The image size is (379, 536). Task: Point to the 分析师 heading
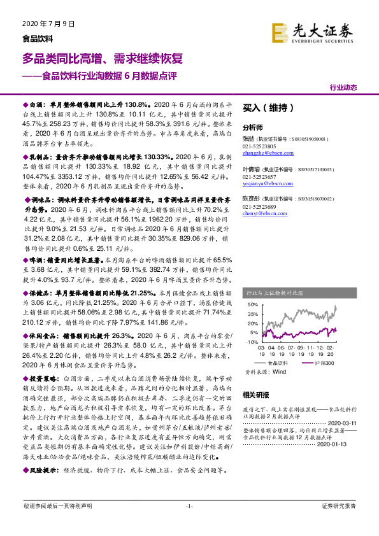253,127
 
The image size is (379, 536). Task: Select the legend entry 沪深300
322,362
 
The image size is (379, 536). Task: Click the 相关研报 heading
256,395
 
